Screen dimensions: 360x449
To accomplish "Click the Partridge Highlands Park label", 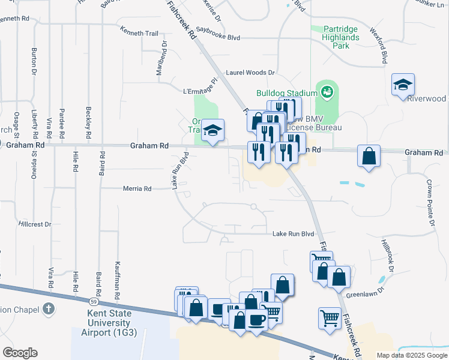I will click(x=341, y=37).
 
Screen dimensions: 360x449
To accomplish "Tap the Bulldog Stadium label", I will click(x=286, y=93).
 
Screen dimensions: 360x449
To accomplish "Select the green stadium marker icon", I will click(x=327, y=92).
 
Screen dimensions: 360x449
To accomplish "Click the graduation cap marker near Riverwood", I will click(x=403, y=85).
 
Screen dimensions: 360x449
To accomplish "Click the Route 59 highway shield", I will click(x=94, y=301).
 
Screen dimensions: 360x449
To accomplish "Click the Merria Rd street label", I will click(x=136, y=188).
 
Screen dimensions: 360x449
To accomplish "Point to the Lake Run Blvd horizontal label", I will click(x=294, y=234).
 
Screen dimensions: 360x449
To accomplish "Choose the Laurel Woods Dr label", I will click(x=250, y=73).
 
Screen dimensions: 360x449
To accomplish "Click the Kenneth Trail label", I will click(x=139, y=33).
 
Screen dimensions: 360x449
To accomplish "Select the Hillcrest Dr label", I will click(x=35, y=223).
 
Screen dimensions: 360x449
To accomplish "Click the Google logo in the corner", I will click(x=20, y=353).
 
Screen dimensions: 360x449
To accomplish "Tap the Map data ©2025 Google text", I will click(x=411, y=355).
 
